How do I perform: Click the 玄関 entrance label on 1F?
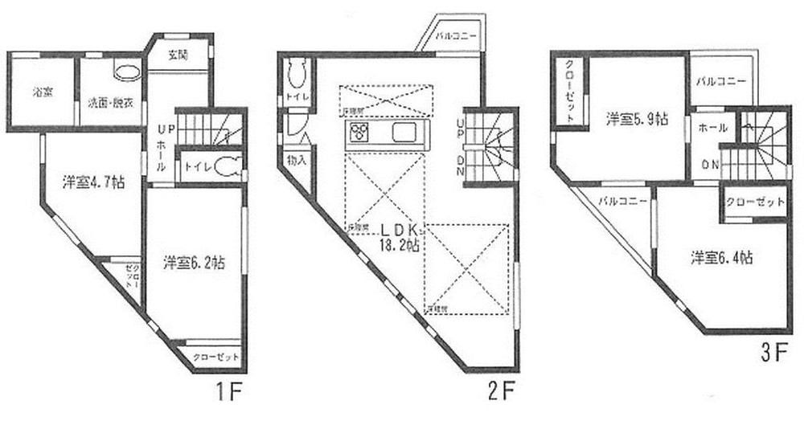click(x=178, y=55)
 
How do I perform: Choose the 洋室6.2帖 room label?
click(x=195, y=262)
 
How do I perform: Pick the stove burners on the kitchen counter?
click(x=358, y=133)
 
